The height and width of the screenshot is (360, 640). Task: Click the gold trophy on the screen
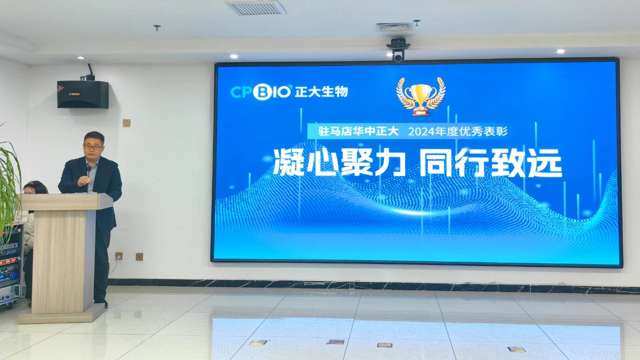420,97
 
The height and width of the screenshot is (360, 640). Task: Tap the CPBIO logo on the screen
260,92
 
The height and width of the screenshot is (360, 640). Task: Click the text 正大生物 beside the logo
321,92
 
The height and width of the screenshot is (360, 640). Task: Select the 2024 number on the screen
420,131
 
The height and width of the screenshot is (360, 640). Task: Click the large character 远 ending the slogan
545,163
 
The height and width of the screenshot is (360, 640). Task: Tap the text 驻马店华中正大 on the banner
358,131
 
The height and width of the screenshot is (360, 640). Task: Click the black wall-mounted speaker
83,94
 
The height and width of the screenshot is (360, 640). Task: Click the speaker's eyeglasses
93,147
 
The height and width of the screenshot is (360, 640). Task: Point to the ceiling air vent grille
255,7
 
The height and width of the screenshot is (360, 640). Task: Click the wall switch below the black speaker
126,123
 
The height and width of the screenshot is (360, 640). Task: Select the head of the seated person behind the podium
35,187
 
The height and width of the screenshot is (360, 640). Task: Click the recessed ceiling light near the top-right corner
560,51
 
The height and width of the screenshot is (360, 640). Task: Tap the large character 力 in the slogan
389,162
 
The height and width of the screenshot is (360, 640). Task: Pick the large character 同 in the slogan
435,162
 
